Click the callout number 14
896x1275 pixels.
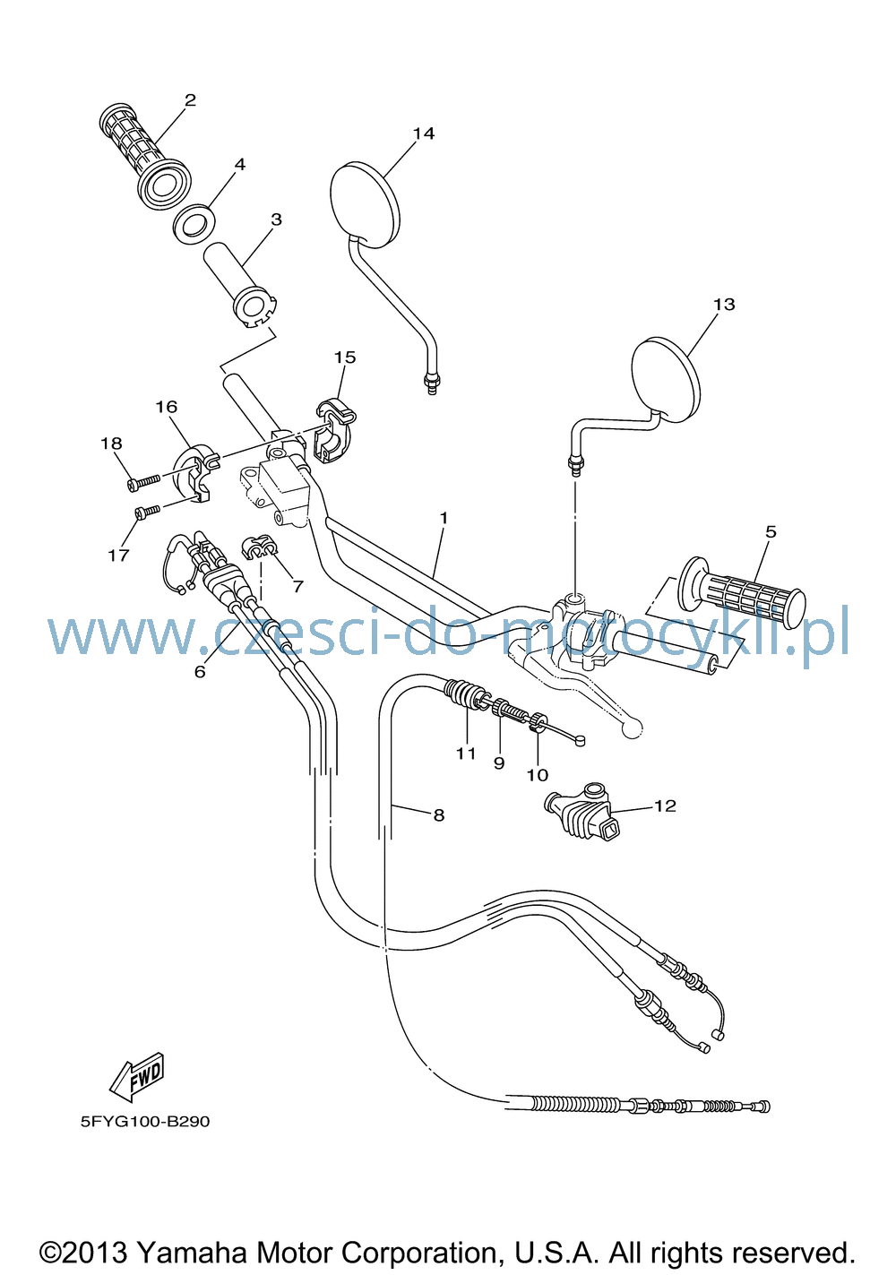424,134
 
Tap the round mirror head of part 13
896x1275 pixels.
667,380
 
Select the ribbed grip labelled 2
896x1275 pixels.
144,155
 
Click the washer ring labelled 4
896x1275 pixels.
194,223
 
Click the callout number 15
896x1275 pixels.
345,358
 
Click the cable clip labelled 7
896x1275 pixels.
260,547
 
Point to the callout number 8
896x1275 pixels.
438,815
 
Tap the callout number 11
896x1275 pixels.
466,754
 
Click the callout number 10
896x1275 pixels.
538,775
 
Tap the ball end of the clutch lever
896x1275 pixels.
632,729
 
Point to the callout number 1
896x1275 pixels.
444,518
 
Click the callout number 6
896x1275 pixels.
200,672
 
